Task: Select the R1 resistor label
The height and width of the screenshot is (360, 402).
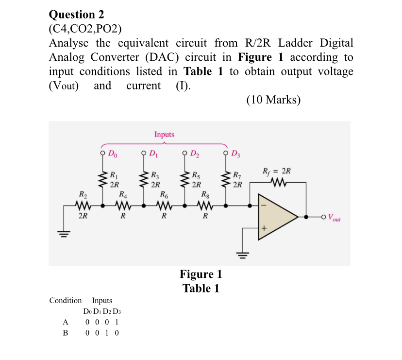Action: click(x=114, y=175)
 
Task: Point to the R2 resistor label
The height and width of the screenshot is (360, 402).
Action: click(x=83, y=195)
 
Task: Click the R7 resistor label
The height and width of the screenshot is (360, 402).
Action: click(x=237, y=175)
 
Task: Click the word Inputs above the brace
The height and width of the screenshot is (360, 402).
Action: click(x=164, y=134)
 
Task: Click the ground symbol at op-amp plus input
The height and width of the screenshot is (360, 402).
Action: click(x=243, y=254)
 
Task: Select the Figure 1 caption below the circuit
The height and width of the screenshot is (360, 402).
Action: click(x=201, y=274)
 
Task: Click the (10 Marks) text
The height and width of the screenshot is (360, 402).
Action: click(x=273, y=100)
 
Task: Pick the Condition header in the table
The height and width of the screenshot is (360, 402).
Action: click(x=66, y=300)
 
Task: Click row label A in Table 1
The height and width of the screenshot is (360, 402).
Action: click(x=65, y=322)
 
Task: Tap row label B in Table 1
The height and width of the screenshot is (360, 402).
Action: click(x=65, y=333)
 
